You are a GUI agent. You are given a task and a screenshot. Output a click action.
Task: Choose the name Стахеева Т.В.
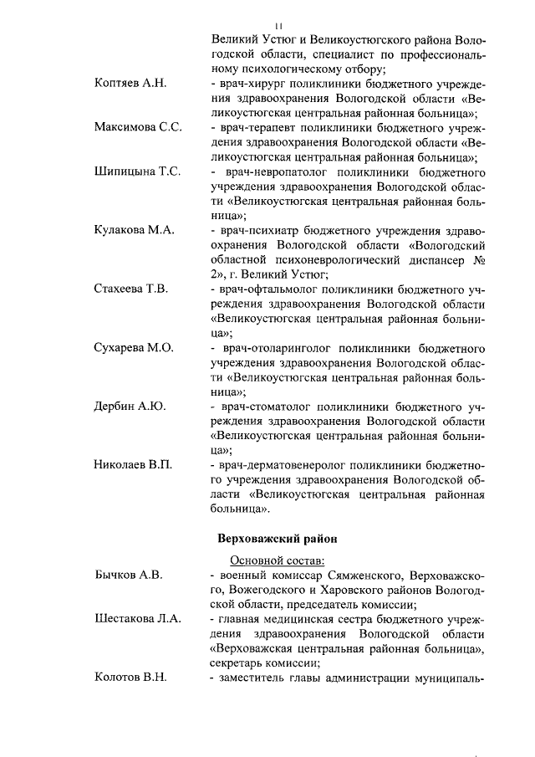pos(131,289)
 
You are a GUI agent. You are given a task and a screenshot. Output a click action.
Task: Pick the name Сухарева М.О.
pos(133,347)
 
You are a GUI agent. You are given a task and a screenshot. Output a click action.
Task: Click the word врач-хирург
pos(254,84)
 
